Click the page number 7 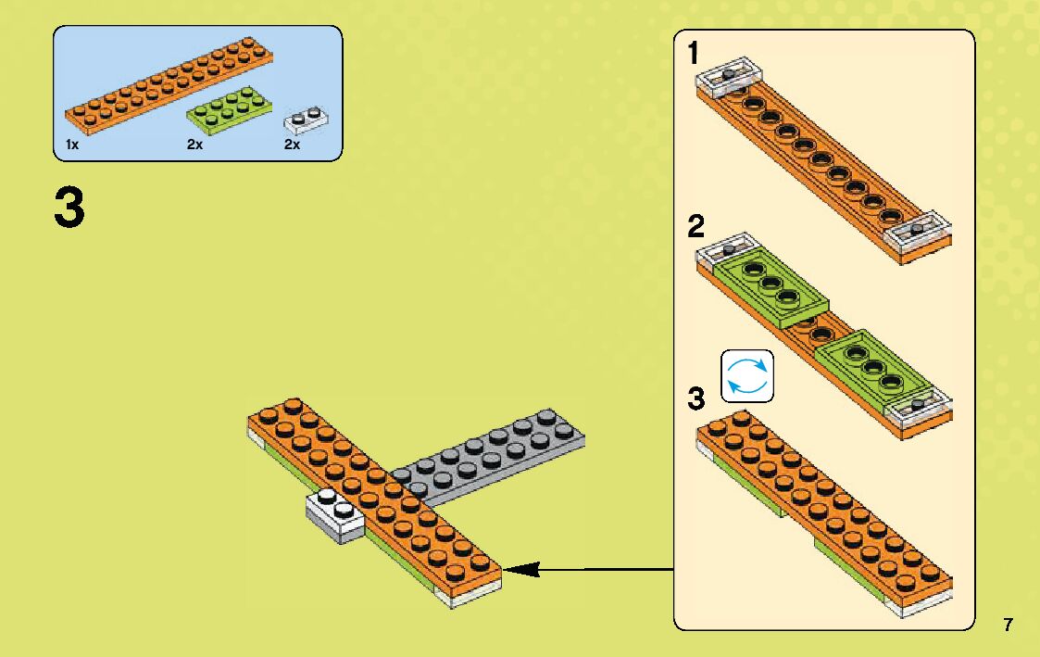[1008, 625]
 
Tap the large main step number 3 [69, 208]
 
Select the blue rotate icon [746, 377]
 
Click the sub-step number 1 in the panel [694, 55]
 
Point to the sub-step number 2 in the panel [696, 227]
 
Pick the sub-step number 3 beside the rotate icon [696, 400]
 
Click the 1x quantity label [72, 145]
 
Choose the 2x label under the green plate [194, 145]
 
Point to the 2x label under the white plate [293, 145]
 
